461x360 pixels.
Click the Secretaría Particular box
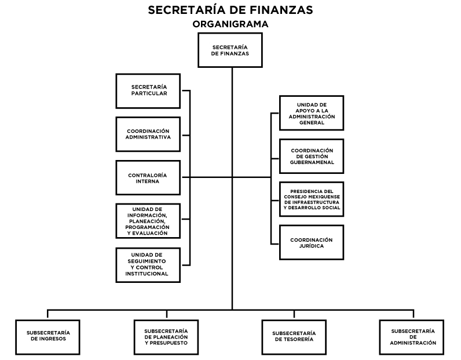pos(148,91)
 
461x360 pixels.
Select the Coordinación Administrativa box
pos(148,134)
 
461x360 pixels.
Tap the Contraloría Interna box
pos(148,177)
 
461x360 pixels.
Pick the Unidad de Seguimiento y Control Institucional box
pos(148,265)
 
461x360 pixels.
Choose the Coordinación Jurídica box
pos(312,242)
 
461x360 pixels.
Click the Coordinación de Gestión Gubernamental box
pos(312,156)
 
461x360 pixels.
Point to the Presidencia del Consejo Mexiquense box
pos(312,199)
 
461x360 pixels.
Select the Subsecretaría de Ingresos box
pos(47,337)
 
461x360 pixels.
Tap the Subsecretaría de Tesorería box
pos(294,337)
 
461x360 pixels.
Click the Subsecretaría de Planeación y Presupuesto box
pos(166,337)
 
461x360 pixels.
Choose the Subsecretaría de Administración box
pos(412,337)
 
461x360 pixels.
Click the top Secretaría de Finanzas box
pos(230,50)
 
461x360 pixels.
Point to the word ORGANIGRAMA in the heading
pos(230,24)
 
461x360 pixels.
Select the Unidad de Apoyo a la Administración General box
pos(312,112)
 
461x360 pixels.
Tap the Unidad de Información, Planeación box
pos(148,221)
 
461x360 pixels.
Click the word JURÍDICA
pos(312,246)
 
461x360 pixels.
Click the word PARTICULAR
pos(149,93)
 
